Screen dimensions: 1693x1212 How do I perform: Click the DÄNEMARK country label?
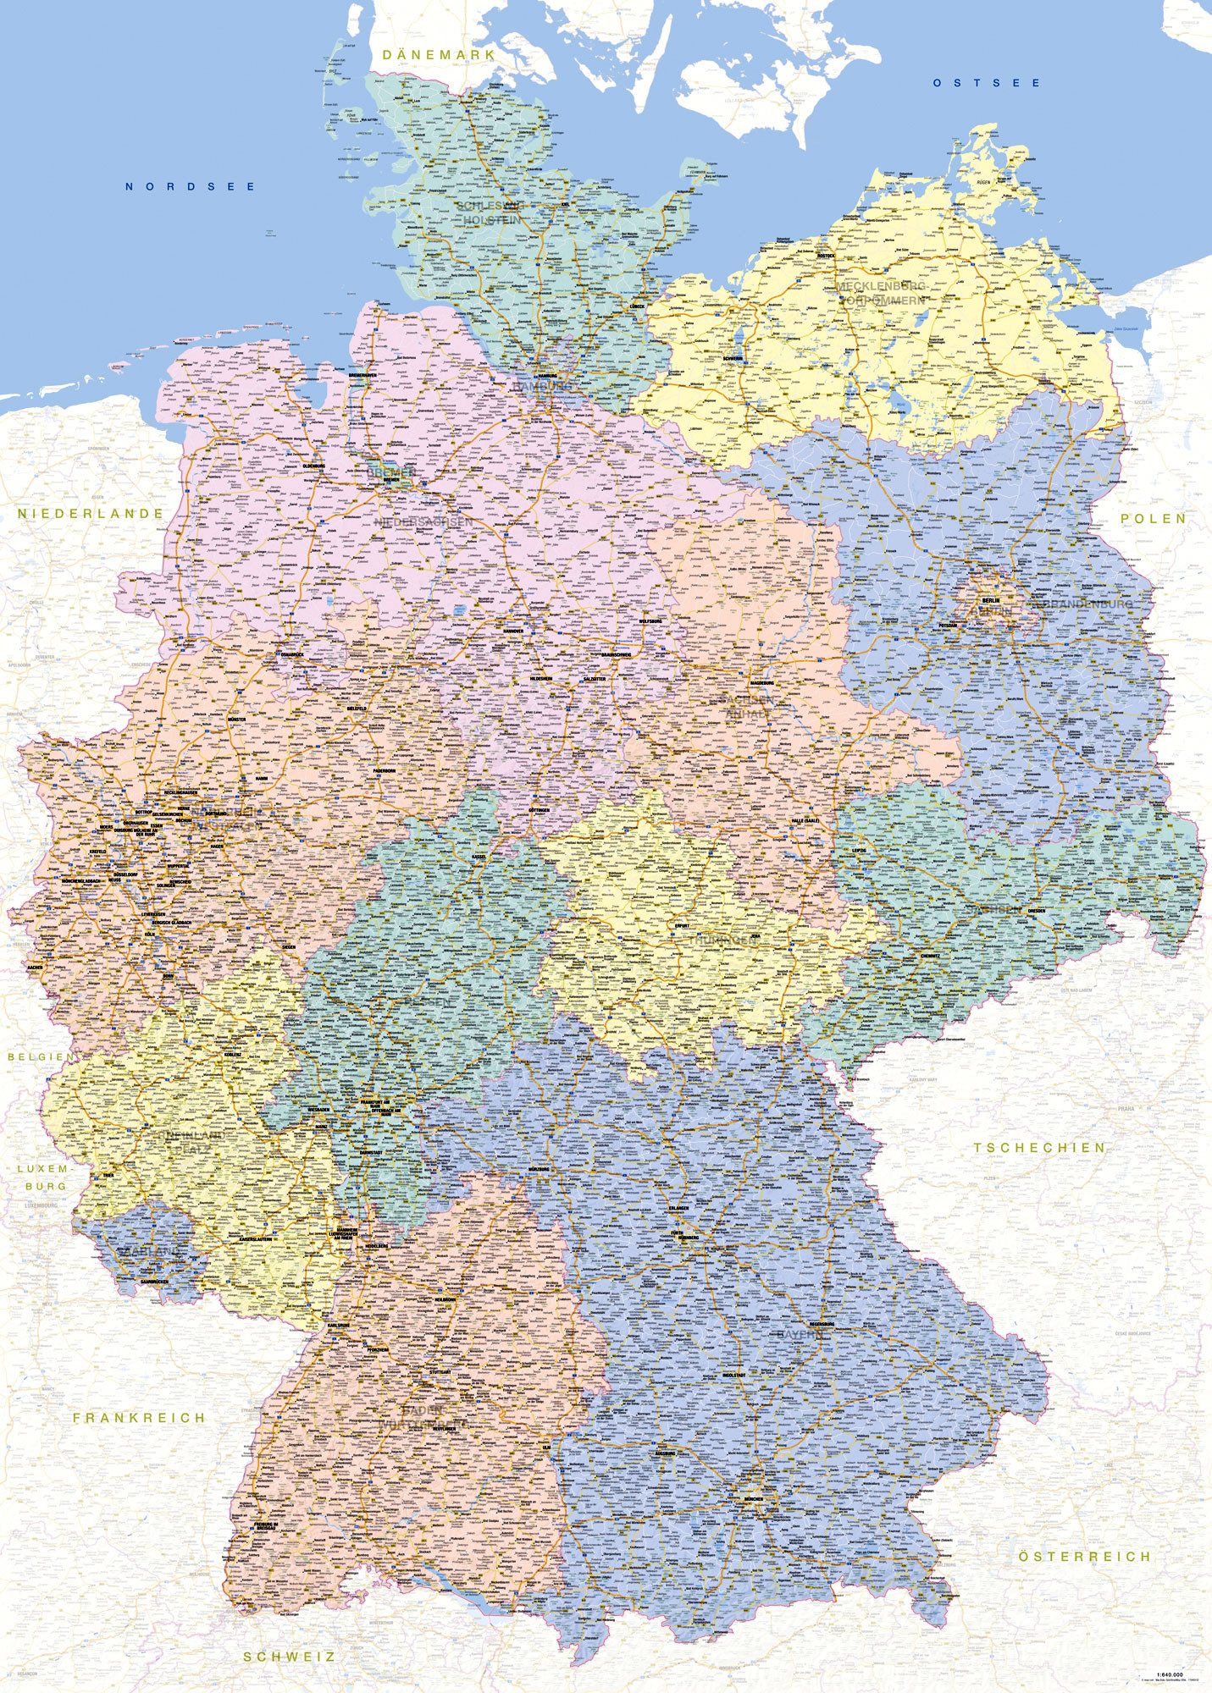(x=438, y=55)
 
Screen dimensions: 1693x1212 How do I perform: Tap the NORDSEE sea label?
(x=190, y=186)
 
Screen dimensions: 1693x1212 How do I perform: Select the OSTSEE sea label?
(x=987, y=83)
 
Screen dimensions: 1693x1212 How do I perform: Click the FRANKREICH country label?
(x=139, y=1417)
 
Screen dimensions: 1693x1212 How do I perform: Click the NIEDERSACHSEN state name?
(x=423, y=523)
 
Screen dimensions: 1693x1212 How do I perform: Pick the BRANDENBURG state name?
(x=1082, y=604)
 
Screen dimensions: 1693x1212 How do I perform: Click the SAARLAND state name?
(x=150, y=1250)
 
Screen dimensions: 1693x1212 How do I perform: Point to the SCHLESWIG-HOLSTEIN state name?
(x=490, y=212)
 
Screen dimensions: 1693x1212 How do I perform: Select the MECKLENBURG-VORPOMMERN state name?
(x=881, y=294)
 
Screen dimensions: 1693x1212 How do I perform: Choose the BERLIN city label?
(x=988, y=600)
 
